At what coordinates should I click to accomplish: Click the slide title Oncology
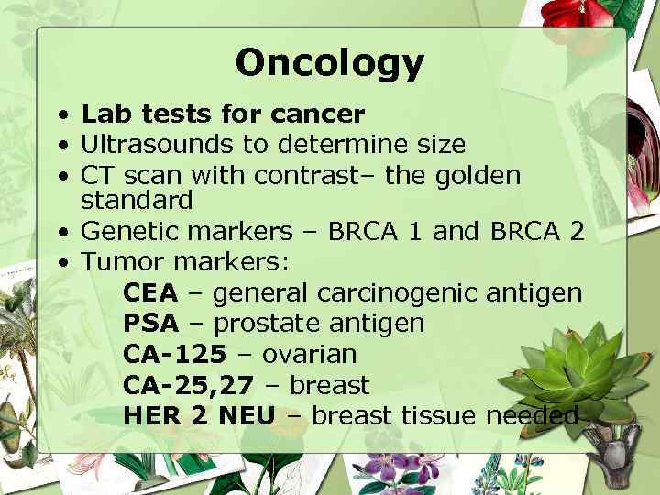pos(330,63)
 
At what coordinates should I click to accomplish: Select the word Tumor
pos(119,263)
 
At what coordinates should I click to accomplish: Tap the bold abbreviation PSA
pos(150,324)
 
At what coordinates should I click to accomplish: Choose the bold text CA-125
pos(174,354)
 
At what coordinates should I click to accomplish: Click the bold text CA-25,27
pos(193,385)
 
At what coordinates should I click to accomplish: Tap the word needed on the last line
pos(532,415)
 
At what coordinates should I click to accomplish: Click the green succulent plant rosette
pos(583,368)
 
